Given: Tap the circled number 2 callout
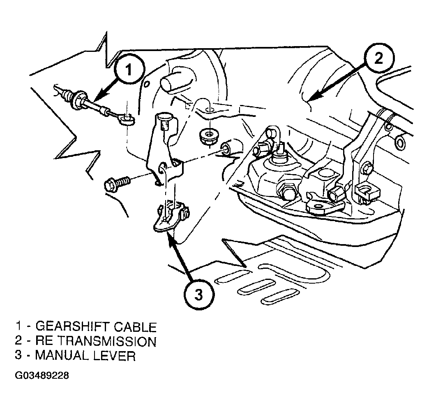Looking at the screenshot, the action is tap(378, 58).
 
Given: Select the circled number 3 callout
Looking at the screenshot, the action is tap(199, 295).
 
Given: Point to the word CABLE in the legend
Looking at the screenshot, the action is tap(135, 327).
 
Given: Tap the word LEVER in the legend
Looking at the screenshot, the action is tap(115, 356).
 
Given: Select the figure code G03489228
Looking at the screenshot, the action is tap(42, 375).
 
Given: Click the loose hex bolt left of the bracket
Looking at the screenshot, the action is tap(117, 183).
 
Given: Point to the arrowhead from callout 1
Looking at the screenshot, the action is tap(99, 95).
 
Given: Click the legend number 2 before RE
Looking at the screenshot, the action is tap(18, 341).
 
